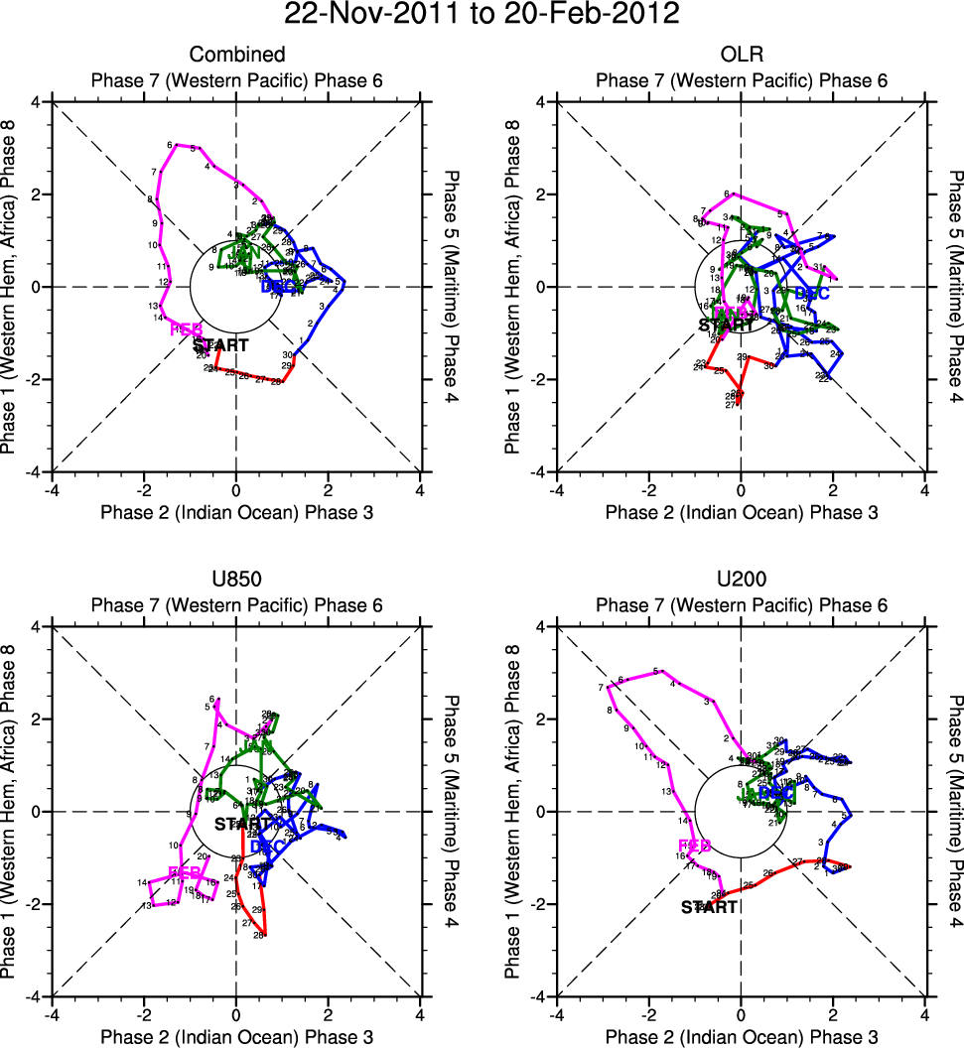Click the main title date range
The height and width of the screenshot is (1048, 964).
[482, 15]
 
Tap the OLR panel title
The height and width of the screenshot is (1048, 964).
[741, 55]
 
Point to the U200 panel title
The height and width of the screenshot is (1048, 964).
[741, 580]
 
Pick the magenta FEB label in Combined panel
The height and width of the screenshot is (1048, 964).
[186, 328]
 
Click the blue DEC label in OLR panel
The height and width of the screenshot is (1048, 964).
[812, 294]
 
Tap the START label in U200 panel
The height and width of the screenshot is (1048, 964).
[709, 906]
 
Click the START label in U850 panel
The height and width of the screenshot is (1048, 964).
[242, 824]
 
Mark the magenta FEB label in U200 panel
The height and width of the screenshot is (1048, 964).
[694, 846]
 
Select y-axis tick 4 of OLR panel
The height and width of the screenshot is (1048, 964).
[532, 102]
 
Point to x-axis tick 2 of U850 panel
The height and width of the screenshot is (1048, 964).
[328, 1014]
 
